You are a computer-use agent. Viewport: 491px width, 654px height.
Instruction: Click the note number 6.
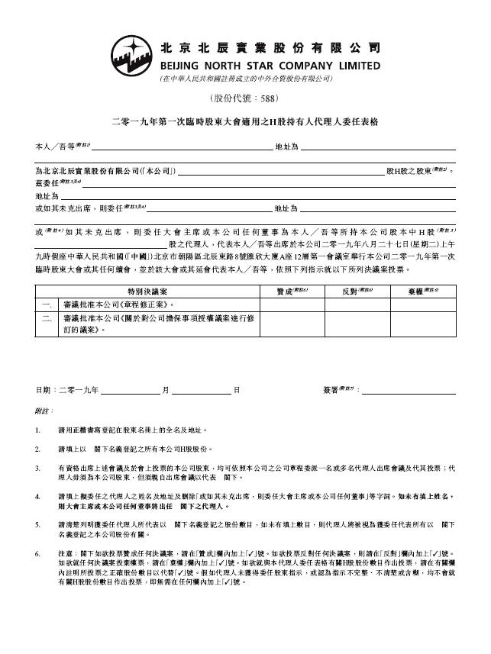(38, 552)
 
